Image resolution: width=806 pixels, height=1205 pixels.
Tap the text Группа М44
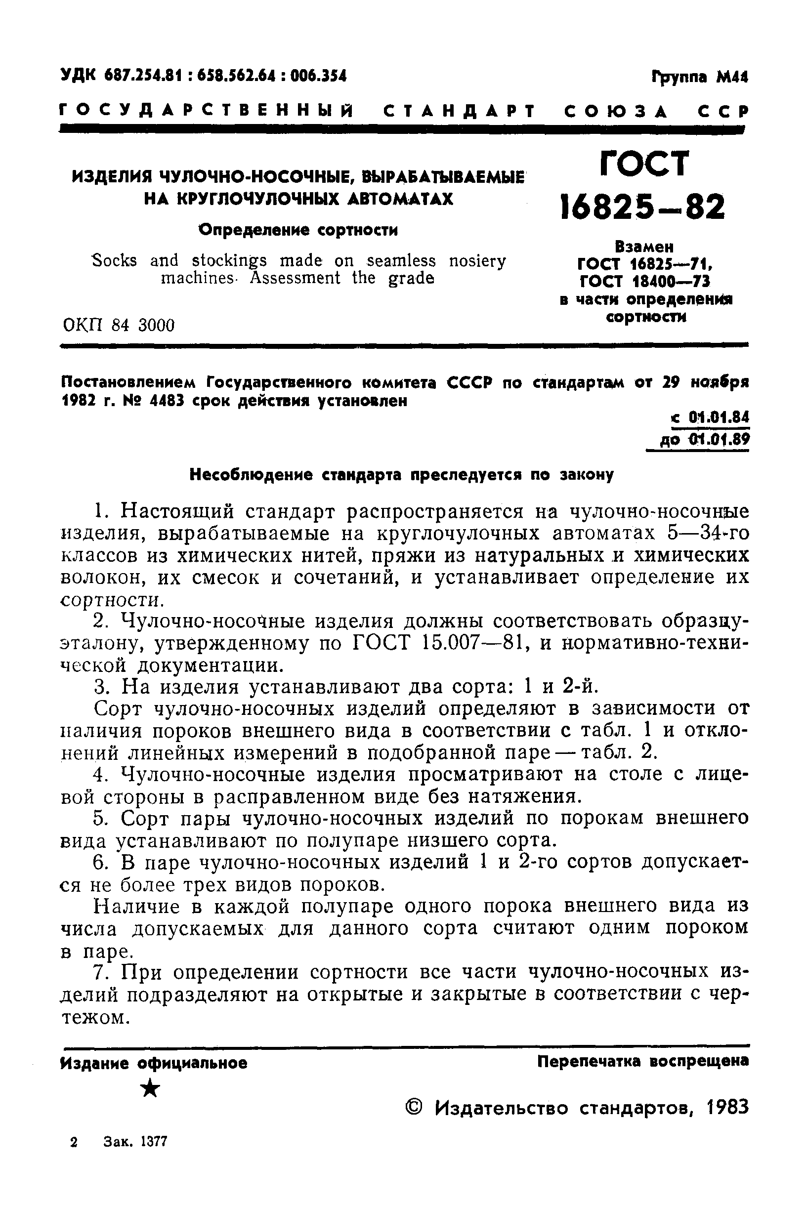700,77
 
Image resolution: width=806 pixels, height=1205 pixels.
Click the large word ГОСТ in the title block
644,164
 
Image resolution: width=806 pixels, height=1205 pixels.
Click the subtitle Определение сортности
298,230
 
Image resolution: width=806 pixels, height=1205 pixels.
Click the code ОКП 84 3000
119,325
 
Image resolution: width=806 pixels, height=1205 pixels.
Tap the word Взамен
644,247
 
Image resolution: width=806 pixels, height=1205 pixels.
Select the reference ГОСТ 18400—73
644,282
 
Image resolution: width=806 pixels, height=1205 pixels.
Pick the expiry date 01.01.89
719,439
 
